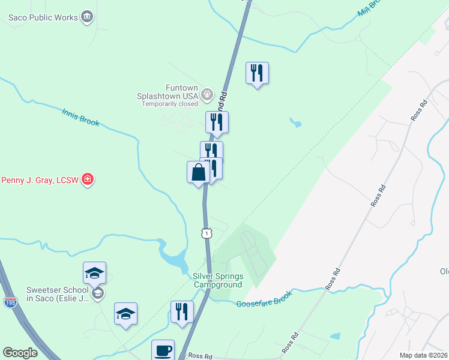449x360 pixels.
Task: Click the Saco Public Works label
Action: pyautogui.click(x=43, y=17)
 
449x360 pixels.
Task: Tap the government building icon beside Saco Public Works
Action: pyautogui.click(x=88, y=16)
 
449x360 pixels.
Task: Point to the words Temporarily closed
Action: pyautogui.click(x=170, y=104)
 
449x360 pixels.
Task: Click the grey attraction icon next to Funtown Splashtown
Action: pyautogui.click(x=207, y=94)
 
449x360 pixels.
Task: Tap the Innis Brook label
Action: pyautogui.click(x=80, y=116)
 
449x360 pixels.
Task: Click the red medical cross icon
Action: pyautogui.click(x=88, y=179)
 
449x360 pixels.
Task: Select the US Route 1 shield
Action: pyautogui.click(x=206, y=232)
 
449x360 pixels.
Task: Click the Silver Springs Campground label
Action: pyautogui.click(x=217, y=280)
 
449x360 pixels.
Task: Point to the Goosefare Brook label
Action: pyautogui.click(x=264, y=300)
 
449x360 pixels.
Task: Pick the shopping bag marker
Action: pyautogui.click(x=198, y=173)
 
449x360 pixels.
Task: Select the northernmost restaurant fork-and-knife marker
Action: pyautogui.click(x=257, y=73)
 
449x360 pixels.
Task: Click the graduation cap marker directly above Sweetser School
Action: pyautogui.click(x=94, y=273)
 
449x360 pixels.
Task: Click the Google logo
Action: pyautogui.click(x=20, y=353)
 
